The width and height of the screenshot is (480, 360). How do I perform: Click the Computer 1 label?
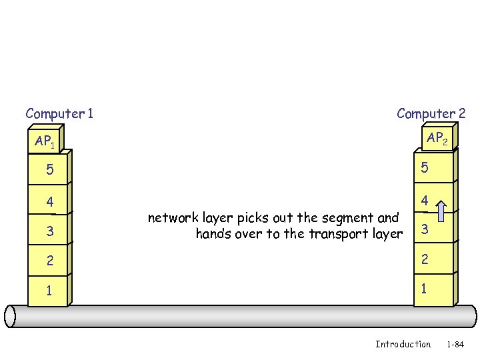pos(59,114)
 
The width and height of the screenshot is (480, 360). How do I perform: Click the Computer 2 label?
pos(431,114)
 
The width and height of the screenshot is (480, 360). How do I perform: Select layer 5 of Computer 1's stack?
pos(48,170)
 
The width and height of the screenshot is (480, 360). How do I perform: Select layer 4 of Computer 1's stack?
pos(48,201)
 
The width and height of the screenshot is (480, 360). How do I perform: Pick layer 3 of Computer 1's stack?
pos(48,231)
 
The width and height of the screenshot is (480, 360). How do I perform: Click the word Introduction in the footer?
pos(403,344)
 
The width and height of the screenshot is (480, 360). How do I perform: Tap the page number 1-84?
pos(455,345)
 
